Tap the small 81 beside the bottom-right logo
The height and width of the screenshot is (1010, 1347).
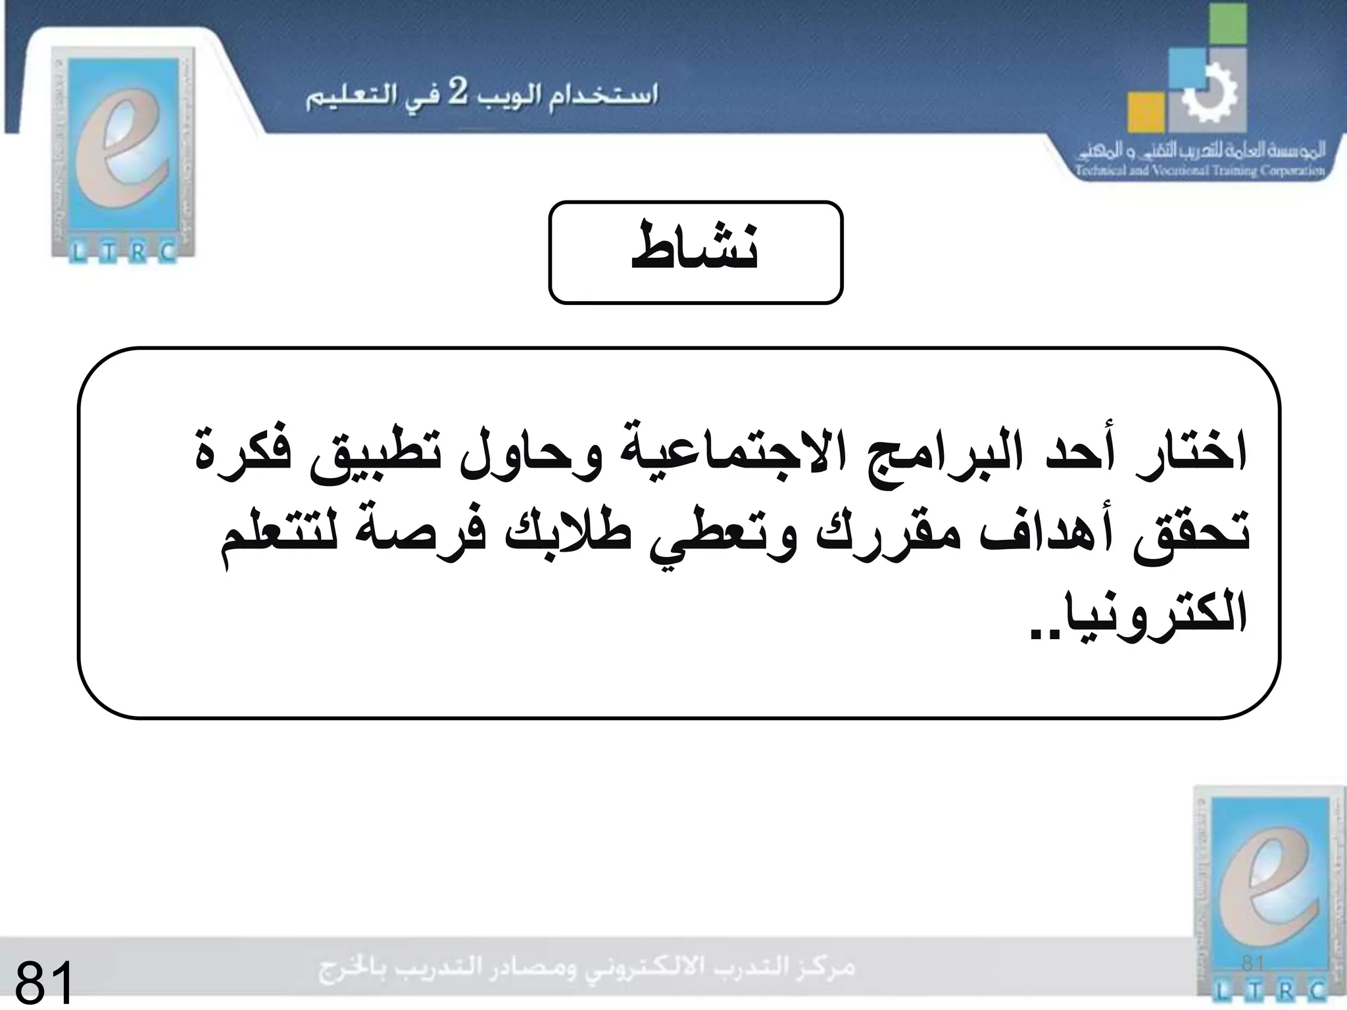click(1252, 964)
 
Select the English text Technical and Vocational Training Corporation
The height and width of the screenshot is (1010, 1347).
click(1200, 172)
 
